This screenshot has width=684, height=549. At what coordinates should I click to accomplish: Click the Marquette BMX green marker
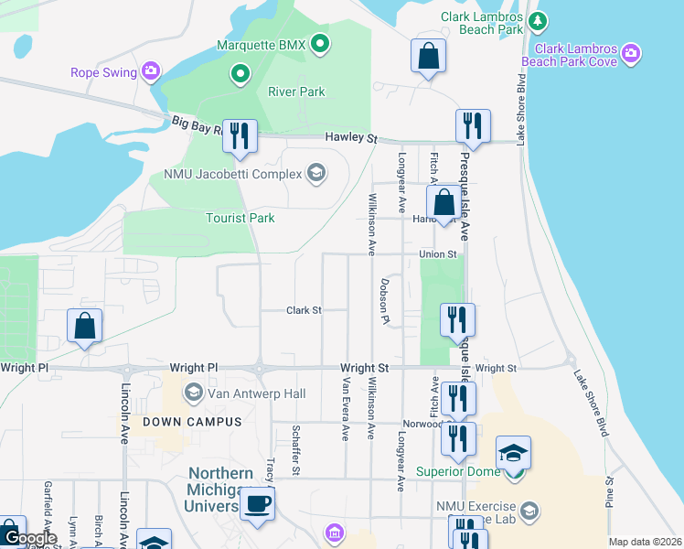[320, 44]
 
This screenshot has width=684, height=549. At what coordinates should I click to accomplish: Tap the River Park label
[296, 91]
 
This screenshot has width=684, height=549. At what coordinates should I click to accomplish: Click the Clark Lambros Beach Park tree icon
[539, 19]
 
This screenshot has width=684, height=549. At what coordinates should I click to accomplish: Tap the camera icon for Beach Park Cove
[630, 54]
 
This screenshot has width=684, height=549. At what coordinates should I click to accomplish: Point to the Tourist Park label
[240, 218]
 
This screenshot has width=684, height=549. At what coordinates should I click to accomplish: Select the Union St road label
[437, 253]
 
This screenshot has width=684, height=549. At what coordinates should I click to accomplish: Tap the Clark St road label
[304, 310]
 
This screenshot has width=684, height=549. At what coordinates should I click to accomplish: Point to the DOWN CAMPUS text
[178, 422]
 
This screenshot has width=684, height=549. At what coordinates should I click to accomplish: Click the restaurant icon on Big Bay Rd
[240, 135]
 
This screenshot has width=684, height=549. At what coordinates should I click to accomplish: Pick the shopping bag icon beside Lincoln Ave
[84, 326]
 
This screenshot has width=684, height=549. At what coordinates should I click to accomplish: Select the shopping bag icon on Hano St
[444, 203]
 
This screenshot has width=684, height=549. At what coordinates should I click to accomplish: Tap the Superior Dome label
[458, 472]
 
